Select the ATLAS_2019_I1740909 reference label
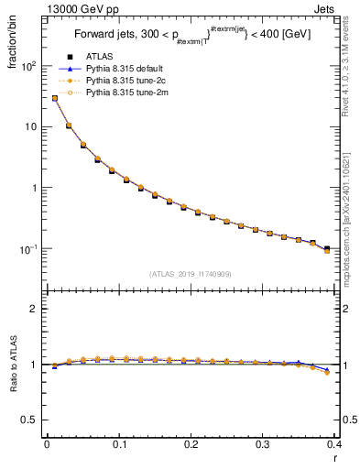tap(191, 274)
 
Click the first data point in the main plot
tap(54, 98)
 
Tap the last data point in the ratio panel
tap(327, 372)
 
